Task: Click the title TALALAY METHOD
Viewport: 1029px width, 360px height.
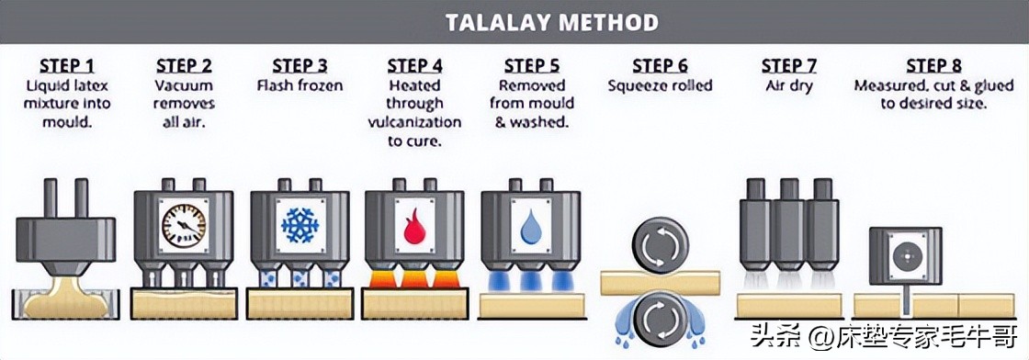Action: coord(552,22)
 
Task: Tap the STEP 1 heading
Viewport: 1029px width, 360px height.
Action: coord(68,65)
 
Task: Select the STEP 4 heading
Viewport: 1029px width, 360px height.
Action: coord(414,65)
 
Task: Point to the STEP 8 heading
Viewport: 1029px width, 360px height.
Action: coord(933,65)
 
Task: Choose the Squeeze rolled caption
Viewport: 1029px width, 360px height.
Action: coord(660,85)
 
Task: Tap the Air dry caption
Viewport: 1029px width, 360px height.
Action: coord(789,85)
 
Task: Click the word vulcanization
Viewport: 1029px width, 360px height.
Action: coord(414,122)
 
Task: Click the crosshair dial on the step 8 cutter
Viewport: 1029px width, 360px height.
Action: coord(906,255)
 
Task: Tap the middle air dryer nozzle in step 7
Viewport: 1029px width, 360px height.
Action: coord(789,231)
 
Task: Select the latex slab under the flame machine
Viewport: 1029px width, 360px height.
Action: coord(414,304)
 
